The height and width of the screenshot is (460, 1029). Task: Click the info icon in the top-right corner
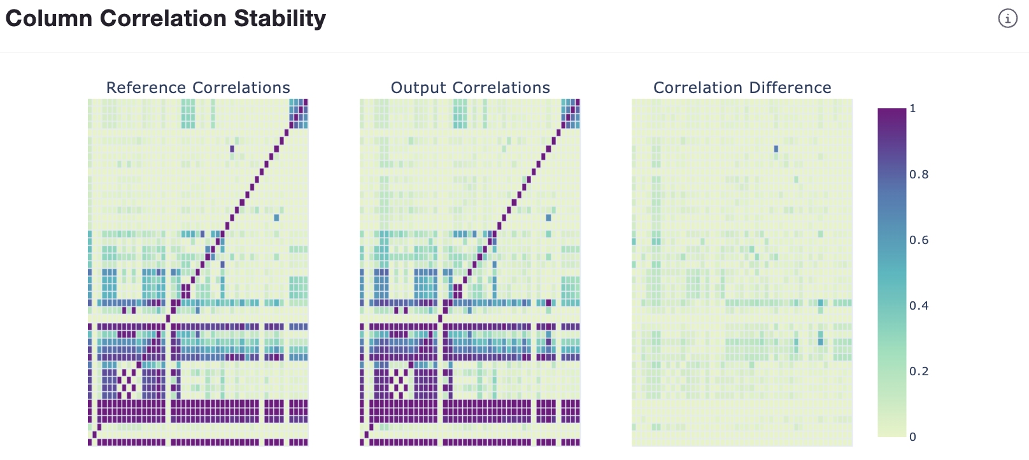point(1007,18)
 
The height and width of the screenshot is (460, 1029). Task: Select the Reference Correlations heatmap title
point(198,87)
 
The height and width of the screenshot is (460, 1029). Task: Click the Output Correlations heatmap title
point(470,87)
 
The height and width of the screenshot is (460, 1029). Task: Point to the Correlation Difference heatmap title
point(742,87)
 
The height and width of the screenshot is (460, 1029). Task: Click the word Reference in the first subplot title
point(146,87)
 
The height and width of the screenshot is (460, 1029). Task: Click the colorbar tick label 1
point(912,108)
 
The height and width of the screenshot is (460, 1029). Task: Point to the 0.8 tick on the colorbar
point(918,175)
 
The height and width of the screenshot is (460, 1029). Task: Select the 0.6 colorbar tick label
point(918,240)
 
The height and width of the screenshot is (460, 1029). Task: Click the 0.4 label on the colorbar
point(918,306)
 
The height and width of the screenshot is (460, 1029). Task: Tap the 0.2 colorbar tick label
point(918,371)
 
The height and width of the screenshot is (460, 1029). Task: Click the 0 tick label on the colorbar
point(912,437)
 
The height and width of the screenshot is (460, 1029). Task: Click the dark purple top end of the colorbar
point(891,115)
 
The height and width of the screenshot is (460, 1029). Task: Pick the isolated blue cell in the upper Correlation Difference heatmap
point(776,149)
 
